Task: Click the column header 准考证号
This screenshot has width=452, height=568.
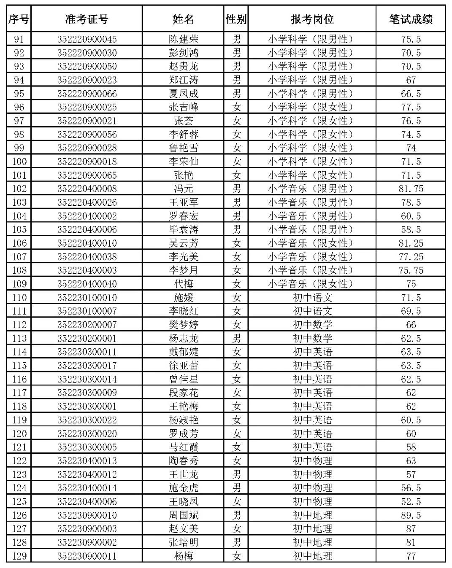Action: pos(87,19)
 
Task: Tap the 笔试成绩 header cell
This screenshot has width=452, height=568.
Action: pos(411,19)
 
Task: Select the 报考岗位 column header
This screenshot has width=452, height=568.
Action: pos(312,19)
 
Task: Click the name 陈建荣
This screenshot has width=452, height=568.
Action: pos(183,39)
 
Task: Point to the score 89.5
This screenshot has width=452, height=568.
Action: pos(411,515)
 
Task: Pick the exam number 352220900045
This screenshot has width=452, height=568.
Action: pos(87,39)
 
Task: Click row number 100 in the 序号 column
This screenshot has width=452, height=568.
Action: pos(19,162)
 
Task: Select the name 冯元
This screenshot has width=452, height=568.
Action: pos(183,188)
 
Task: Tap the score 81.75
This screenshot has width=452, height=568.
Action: pos(411,188)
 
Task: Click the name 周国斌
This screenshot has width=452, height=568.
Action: pos(183,515)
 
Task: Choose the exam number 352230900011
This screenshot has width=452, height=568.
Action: pos(87,556)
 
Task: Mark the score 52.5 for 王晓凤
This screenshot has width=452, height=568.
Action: pos(411,501)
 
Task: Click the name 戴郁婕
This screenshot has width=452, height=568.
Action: pos(183,352)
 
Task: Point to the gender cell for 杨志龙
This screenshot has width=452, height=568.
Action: pos(236,338)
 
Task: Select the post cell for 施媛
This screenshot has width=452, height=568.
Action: pos(312,297)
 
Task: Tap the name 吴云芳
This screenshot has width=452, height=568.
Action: pos(183,243)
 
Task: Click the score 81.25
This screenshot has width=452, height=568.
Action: pos(411,243)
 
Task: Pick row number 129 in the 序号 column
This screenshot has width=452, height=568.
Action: pos(19,556)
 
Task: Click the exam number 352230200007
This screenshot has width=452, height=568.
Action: pos(87,325)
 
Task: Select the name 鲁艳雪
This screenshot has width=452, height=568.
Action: pos(183,148)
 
